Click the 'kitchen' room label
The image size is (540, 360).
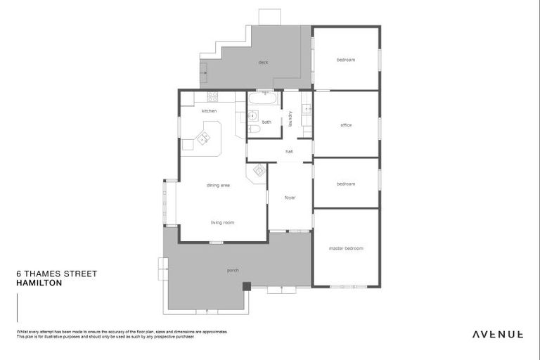[209, 111]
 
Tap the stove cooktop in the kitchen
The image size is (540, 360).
[212, 96]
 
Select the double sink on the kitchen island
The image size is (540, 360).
[203, 138]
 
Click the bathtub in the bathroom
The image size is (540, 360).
[262, 99]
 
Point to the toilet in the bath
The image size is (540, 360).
[254, 129]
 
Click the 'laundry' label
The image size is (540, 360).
[290, 118]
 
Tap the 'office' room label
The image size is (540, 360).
[346, 125]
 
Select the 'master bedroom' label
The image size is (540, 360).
[346, 248]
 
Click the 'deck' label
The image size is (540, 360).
[263, 63]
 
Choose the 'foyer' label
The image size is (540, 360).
[290, 198]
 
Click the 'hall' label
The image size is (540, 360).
[289, 151]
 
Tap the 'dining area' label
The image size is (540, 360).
[218, 185]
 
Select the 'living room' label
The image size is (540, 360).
[222, 222]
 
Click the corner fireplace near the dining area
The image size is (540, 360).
[258, 170]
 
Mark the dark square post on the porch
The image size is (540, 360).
[246, 285]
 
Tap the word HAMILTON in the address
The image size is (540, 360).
[39, 283]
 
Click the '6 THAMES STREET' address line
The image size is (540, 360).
[56, 274]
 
